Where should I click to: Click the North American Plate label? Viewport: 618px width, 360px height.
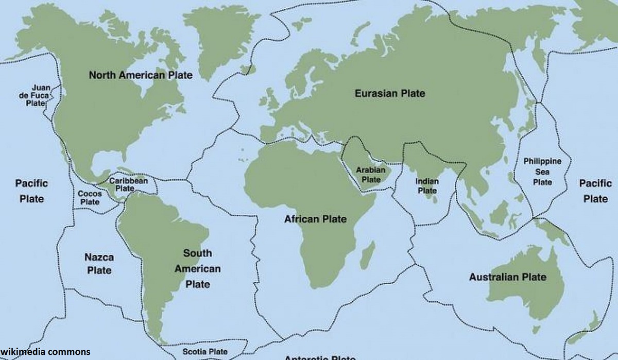[141, 75]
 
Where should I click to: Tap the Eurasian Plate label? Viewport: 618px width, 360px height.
[390, 93]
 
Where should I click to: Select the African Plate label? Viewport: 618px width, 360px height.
[316, 219]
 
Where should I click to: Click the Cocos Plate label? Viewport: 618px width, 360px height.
[90, 198]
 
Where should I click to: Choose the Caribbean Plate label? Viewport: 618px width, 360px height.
[128, 184]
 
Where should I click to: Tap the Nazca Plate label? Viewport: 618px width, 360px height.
[99, 263]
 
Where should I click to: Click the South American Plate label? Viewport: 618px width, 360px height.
[197, 268]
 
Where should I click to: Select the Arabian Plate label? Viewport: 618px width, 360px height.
[371, 175]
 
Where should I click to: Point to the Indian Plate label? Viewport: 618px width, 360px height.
[427, 186]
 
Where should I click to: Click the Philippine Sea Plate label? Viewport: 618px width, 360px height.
[542, 172]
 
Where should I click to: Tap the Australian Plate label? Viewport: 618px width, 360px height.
[507, 277]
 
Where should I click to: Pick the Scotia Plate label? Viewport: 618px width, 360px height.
[205, 352]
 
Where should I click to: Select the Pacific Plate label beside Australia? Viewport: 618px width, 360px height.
[596, 191]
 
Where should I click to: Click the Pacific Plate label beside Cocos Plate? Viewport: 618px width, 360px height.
[31, 191]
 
